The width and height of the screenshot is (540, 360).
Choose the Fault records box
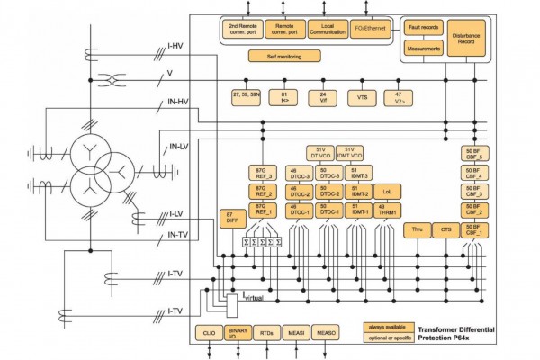pyautogui.click(x=423, y=29)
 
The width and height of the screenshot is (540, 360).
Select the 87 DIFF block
pyautogui.click(x=232, y=217)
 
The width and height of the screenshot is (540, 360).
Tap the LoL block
pyautogui.click(x=387, y=191)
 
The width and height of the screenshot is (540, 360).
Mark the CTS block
pyautogui.click(x=446, y=230)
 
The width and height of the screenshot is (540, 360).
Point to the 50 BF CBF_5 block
pyautogui.click(x=473, y=153)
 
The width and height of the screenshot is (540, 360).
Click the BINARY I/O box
pyautogui.click(x=238, y=333)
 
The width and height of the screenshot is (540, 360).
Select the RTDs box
pyautogui.click(x=268, y=333)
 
